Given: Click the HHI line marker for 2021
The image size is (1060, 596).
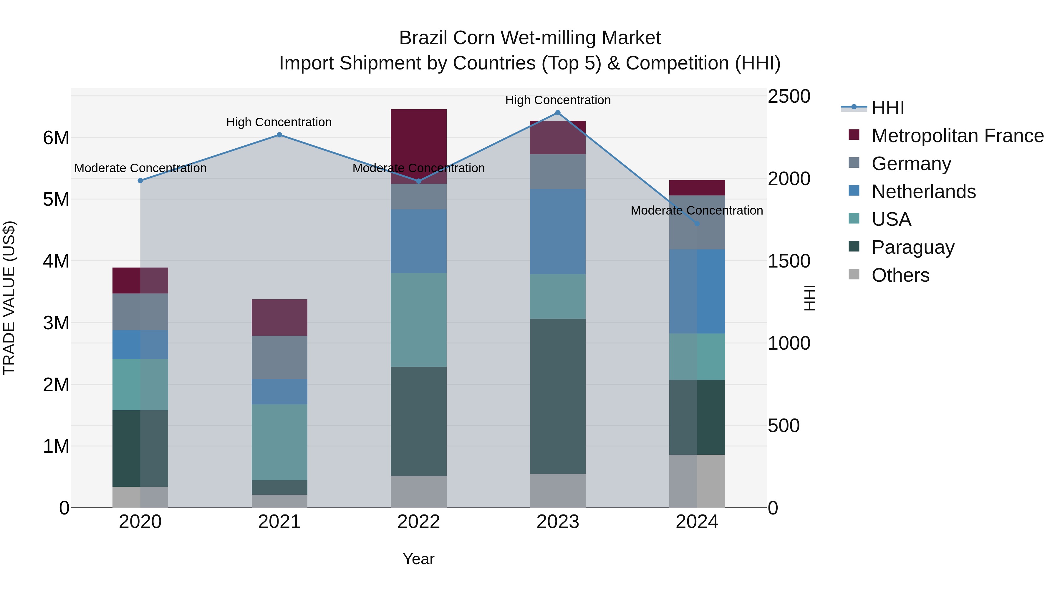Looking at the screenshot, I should (279, 135).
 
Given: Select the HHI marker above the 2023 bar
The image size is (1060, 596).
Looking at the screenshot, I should (558, 113).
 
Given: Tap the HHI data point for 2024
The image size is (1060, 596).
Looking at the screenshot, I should (697, 224).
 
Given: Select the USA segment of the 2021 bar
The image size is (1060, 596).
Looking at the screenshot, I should (279, 442).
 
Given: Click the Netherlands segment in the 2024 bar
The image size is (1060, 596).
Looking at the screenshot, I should (697, 291).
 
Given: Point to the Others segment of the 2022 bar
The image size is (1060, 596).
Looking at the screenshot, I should (418, 491).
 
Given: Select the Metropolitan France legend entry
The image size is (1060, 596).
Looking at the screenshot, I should (957, 136).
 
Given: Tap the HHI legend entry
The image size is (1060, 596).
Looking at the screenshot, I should (887, 108).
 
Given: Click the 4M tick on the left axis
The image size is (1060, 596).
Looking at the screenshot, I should (56, 261).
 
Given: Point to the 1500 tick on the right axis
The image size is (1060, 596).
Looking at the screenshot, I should (789, 261).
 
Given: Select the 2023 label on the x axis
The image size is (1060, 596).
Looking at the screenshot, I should (558, 522).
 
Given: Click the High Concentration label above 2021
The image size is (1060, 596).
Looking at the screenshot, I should (279, 122).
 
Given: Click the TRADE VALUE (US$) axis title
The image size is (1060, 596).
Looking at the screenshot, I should (9, 298).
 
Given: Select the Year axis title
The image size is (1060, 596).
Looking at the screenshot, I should (418, 559).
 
